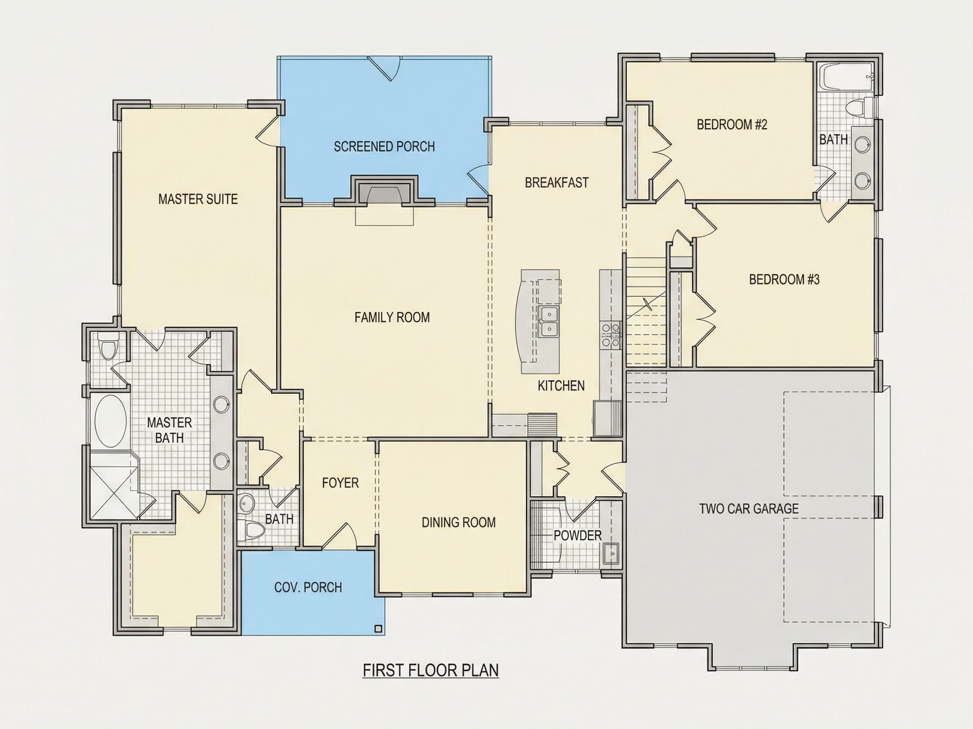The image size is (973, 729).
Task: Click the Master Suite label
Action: pos(198,199)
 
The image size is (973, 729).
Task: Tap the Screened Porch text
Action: pos(384,146)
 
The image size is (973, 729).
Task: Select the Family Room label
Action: pos(392,317)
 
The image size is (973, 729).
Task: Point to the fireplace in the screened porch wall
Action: pos(384,192)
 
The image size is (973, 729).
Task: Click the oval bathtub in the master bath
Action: pos(111,421)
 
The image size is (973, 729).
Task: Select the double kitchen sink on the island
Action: pos(549,321)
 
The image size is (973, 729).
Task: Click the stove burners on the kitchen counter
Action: pos(610,335)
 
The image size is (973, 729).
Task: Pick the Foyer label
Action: pos(340,483)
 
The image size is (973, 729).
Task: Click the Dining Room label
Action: pos(458,522)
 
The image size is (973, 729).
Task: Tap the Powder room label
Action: pos(577,535)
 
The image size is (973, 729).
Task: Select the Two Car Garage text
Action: pos(749,508)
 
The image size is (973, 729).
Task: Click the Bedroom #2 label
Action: pos(732,125)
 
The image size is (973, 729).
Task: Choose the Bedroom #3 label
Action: pos(784,279)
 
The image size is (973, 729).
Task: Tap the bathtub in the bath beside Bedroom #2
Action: pos(847,77)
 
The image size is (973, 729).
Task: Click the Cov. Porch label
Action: pos(308,587)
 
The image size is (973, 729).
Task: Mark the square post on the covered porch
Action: pos(378,628)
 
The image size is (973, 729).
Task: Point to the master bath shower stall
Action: pos(110,492)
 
